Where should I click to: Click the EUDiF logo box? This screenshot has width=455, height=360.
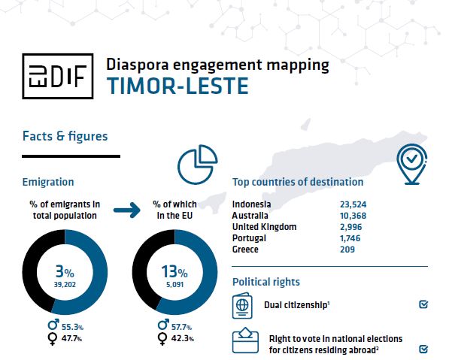(57, 75)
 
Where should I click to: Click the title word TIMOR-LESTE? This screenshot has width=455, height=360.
(177, 86)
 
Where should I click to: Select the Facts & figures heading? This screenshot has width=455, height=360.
(65, 136)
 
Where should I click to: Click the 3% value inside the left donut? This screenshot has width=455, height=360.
(64, 272)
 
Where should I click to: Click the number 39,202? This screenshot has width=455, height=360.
(65, 286)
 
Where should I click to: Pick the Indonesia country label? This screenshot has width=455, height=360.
(252, 204)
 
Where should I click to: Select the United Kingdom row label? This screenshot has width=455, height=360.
(265, 226)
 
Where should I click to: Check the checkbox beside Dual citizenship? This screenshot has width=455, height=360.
(423, 305)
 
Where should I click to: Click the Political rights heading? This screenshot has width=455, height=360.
(265, 282)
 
